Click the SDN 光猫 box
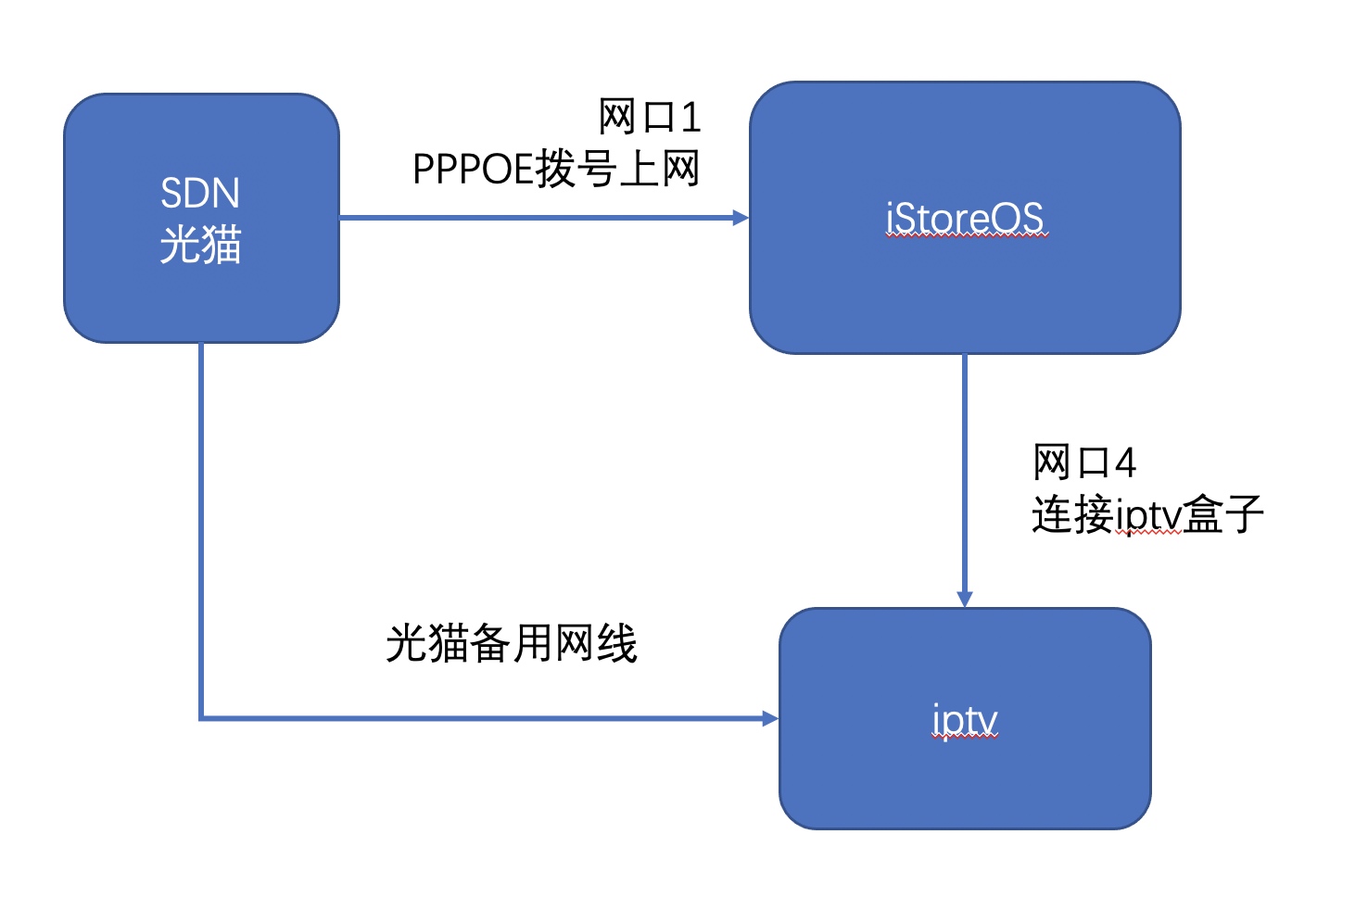[x=201, y=218]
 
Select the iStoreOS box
[x=965, y=218]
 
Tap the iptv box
[x=965, y=718]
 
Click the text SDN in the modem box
[x=200, y=193]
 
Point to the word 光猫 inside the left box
[x=200, y=245]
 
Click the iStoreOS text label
[x=965, y=218]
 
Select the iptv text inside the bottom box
[x=965, y=721]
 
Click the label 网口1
[x=649, y=117]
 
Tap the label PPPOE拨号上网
[x=556, y=169]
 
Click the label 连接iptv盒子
[x=1146, y=515]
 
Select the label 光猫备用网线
[x=512, y=643]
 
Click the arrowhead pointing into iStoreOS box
[x=741, y=218]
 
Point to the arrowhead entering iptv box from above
[x=965, y=600]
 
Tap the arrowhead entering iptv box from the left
[x=771, y=718]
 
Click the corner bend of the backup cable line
[x=201, y=718]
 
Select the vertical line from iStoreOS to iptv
[x=965, y=481]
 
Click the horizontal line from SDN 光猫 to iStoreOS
[x=544, y=218]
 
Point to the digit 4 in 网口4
[x=1125, y=462]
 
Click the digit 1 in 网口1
[x=691, y=118]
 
